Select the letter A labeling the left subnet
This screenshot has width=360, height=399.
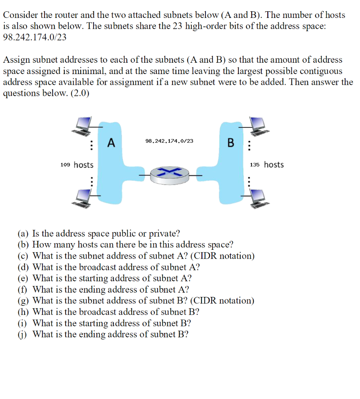click(111, 143)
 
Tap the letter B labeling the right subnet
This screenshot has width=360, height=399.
click(231, 143)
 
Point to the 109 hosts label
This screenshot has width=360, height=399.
click(77, 165)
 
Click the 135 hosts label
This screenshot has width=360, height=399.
click(267, 164)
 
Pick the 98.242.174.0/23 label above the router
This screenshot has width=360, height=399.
click(169, 141)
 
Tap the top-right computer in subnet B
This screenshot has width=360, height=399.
click(258, 127)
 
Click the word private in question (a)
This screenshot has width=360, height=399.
click(165, 233)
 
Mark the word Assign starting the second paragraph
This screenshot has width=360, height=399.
click(15, 60)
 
